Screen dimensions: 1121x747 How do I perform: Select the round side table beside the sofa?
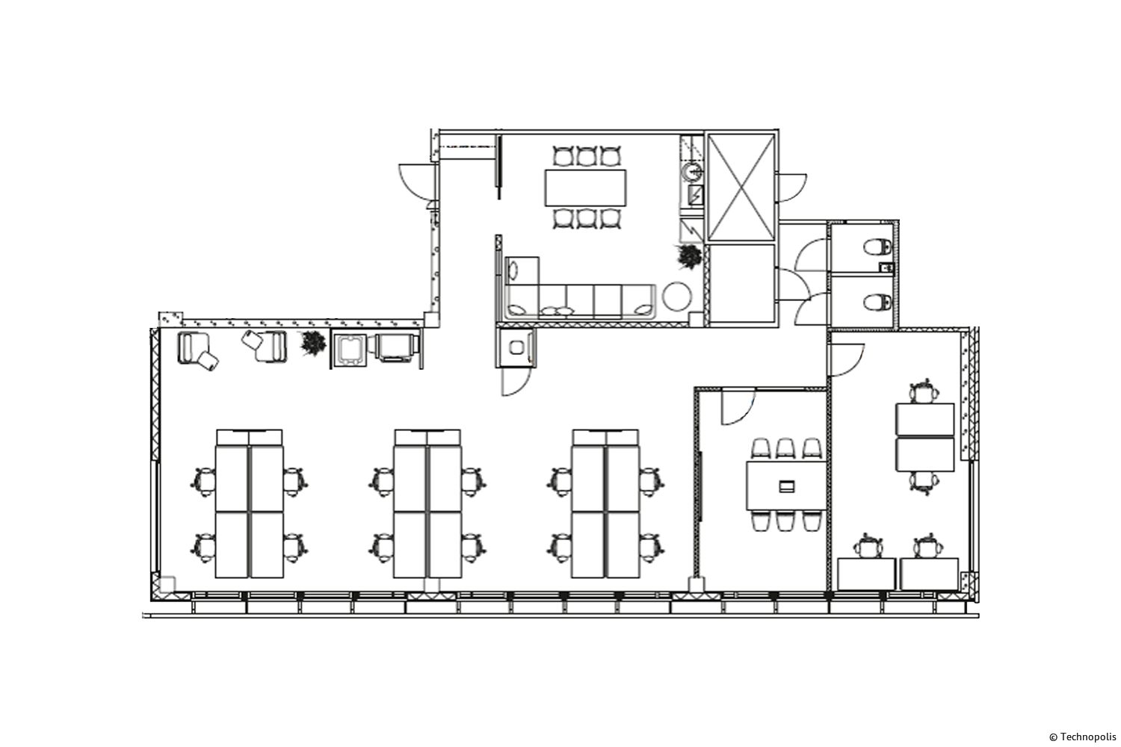pyautogui.click(x=677, y=297)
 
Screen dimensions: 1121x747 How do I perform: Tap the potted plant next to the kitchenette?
pyautogui.click(x=689, y=257)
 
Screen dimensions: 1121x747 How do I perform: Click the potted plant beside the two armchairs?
pyautogui.click(x=313, y=344)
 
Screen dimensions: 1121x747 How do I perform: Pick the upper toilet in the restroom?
pyautogui.click(x=877, y=247)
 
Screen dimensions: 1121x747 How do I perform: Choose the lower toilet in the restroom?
pyautogui.click(x=877, y=302)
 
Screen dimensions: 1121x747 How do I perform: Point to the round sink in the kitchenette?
pyautogui.click(x=693, y=173)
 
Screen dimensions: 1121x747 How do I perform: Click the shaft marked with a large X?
pyautogui.click(x=741, y=187)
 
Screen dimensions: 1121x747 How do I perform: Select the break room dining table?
pyautogui.click(x=585, y=187)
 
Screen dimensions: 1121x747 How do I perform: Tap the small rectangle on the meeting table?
pyautogui.click(x=787, y=486)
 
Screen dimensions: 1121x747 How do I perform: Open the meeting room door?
pyautogui.click(x=738, y=409)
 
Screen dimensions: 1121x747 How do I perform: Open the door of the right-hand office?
pyautogui.click(x=847, y=360)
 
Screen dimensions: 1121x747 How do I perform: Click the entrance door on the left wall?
pyautogui.click(x=416, y=182)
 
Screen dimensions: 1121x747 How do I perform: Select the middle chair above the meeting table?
pyautogui.click(x=785, y=447)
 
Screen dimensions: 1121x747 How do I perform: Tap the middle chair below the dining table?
pyautogui.click(x=586, y=219)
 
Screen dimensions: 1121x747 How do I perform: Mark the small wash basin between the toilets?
pyautogui.click(x=886, y=267)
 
